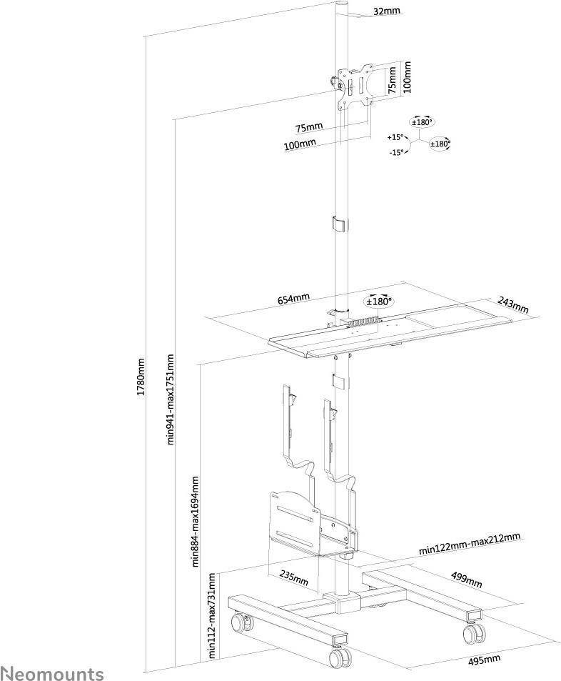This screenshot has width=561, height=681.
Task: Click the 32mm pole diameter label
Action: [387, 11]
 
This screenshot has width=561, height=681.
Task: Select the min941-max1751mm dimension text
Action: [171, 399]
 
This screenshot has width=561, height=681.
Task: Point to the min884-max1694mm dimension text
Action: [196, 521]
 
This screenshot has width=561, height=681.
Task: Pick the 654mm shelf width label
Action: [293, 299]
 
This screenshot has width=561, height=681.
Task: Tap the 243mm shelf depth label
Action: [513, 304]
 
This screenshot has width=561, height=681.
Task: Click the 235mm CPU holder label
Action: [294, 577]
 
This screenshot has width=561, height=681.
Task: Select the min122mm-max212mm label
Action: [470, 544]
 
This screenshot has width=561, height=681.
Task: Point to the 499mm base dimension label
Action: [466, 580]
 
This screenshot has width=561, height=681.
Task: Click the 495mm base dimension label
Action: [484, 660]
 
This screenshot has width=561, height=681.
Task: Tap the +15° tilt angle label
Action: [395, 137]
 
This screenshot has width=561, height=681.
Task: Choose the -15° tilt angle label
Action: [396, 152]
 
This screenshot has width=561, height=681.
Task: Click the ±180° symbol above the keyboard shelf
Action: [379, 301]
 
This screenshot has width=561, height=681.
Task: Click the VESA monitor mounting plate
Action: [355, 86]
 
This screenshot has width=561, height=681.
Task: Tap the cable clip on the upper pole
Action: [340, 224]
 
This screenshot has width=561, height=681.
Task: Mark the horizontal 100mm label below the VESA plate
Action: [300, 144]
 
